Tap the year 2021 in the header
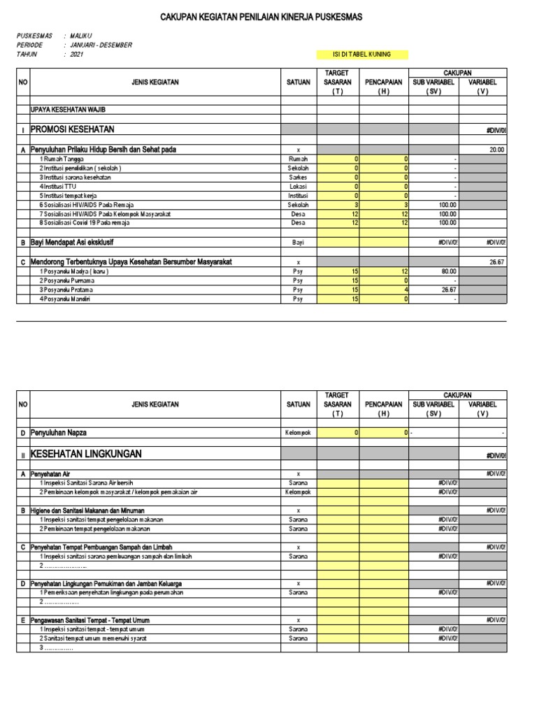coord(76,54)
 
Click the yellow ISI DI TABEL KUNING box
coord(361,55)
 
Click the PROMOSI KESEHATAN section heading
coord(72,129)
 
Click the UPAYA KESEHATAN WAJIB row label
coord(67,110)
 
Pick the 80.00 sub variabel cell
coord(447,271)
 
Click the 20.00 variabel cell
coord(496,150)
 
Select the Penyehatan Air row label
coord(55,474)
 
